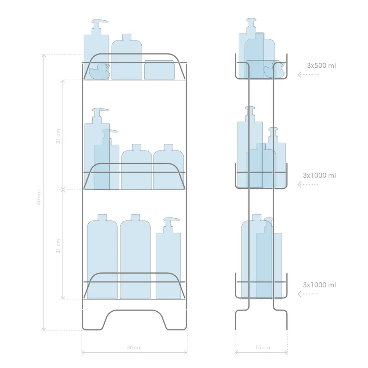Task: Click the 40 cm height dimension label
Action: tap(39, 198)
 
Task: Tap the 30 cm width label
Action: tap(134, 347)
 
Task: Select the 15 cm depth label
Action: tap(263, 347)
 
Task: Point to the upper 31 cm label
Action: tap(58, 136)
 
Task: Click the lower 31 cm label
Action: tap(58, 246)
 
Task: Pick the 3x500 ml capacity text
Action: tap(321, 66)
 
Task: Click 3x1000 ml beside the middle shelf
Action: tap(319, 175)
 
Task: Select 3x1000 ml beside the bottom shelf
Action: tap(319, 285)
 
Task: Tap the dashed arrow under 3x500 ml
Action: tap(308, 75)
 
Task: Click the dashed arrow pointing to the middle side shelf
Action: tap(308, 184)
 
